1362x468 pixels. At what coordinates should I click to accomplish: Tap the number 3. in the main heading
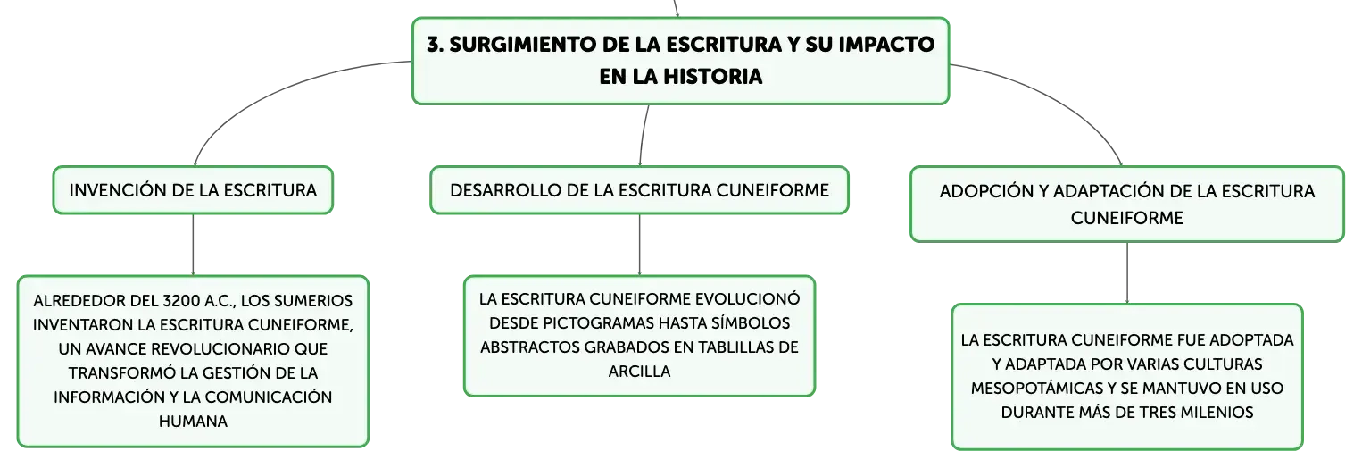point(435,45)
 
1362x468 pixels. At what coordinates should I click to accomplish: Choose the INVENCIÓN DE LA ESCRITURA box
point(193,190)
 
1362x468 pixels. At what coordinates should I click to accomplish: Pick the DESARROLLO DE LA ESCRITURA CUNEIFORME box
point(639,190)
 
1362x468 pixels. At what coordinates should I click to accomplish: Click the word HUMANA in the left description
point(193,422)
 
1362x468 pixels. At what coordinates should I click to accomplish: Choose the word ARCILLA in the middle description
point(639,372)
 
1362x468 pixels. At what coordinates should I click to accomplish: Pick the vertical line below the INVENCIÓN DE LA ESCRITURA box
point(193,245)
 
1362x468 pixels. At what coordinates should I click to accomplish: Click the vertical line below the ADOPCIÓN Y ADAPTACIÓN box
point(1126,272)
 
